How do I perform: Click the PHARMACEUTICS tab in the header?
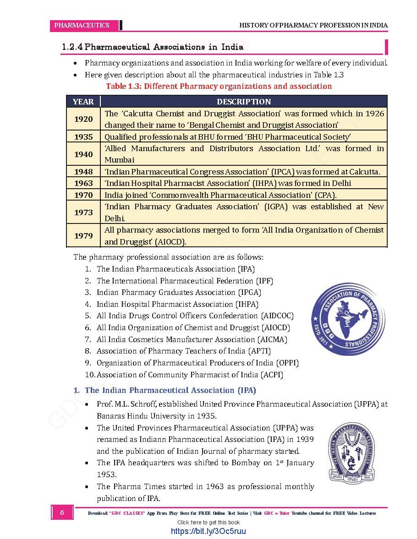pos(82,25)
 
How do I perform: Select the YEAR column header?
pos(83,102)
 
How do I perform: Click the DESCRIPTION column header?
pos(244,102)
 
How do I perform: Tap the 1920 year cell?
pos(83,119)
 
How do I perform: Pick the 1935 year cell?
pos(83,136)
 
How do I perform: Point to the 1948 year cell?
pos(83,172)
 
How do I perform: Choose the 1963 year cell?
pos(83,183)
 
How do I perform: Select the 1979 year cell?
pos(83,236)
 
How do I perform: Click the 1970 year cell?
pos(83,195)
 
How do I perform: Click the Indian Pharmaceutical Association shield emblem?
pos(351,452)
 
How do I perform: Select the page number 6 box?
pos(62,513)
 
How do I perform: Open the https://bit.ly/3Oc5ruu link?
pos(208,531)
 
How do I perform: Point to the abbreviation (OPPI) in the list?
pos(287,363)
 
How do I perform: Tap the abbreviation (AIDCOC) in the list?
pos(277,316)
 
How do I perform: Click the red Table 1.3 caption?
pos(219,86)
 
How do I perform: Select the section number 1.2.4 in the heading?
pos(72,47)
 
